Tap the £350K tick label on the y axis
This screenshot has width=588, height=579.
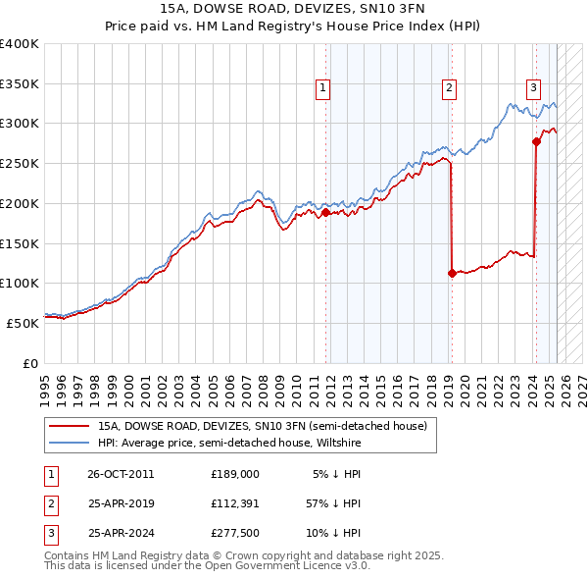point(20,83)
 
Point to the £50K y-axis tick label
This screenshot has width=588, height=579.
point(23,323)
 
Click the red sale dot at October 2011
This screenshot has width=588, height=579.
point(325,212)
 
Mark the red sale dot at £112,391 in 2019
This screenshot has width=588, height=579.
point(452,274)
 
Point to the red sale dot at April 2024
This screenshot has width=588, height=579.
point(536,141)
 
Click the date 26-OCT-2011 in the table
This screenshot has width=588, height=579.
point(121,474)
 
